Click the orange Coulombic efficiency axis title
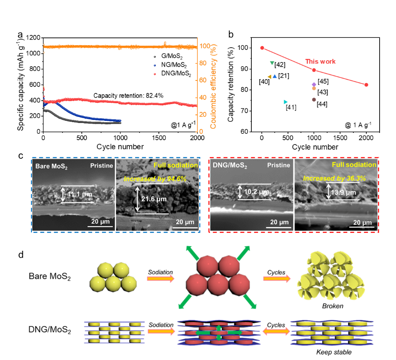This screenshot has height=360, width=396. coord(213,88)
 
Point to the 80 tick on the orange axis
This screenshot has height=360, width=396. coord(205,63)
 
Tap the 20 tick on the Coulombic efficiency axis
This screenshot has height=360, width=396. coord(205,114)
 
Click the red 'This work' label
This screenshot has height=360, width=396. coord(320,62)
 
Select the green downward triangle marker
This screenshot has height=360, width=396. coord(272,63)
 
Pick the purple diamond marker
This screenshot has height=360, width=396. coord(314,84)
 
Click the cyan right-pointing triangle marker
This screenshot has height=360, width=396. coord(285,102)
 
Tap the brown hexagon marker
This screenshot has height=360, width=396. coord(314,99)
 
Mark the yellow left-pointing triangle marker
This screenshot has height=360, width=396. coord(269,77)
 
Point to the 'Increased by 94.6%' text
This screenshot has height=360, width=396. coord(155,178)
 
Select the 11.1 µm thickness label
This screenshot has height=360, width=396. coord(79,194)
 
